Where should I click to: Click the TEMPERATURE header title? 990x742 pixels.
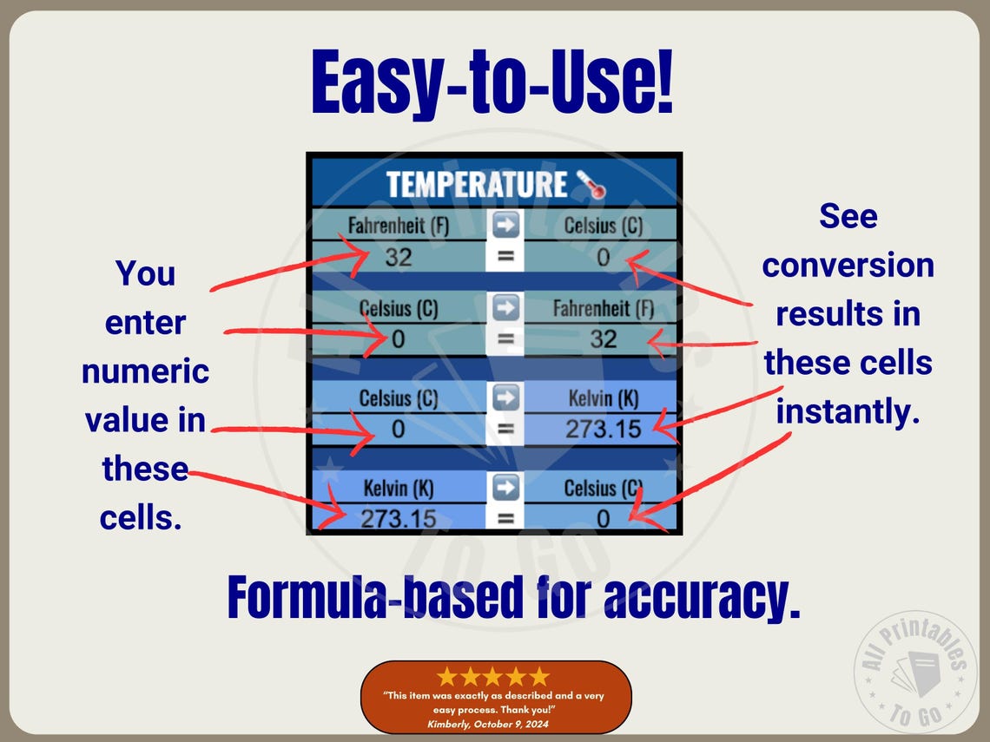[476, 185]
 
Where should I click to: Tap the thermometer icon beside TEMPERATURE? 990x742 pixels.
[591, 185]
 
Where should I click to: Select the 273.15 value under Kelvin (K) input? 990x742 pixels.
[399, 519]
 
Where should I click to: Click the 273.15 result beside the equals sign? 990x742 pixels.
[604, 429]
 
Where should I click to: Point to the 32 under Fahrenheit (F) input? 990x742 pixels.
[399, 257]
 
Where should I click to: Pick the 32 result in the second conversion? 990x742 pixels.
[604, 339]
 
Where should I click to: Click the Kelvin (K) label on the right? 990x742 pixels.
[604, 399]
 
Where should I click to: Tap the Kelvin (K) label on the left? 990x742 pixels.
[399, 489]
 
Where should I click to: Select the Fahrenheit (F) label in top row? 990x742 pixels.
[399, 227]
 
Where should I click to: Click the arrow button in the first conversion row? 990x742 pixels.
[505, 226]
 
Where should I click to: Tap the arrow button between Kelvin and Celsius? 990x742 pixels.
[505, 488]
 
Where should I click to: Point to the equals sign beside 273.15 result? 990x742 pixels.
[505, 429]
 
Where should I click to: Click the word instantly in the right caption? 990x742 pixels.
[848, 411]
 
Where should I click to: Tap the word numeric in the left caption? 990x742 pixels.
[145, 371]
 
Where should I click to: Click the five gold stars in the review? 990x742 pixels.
[493, 676]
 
